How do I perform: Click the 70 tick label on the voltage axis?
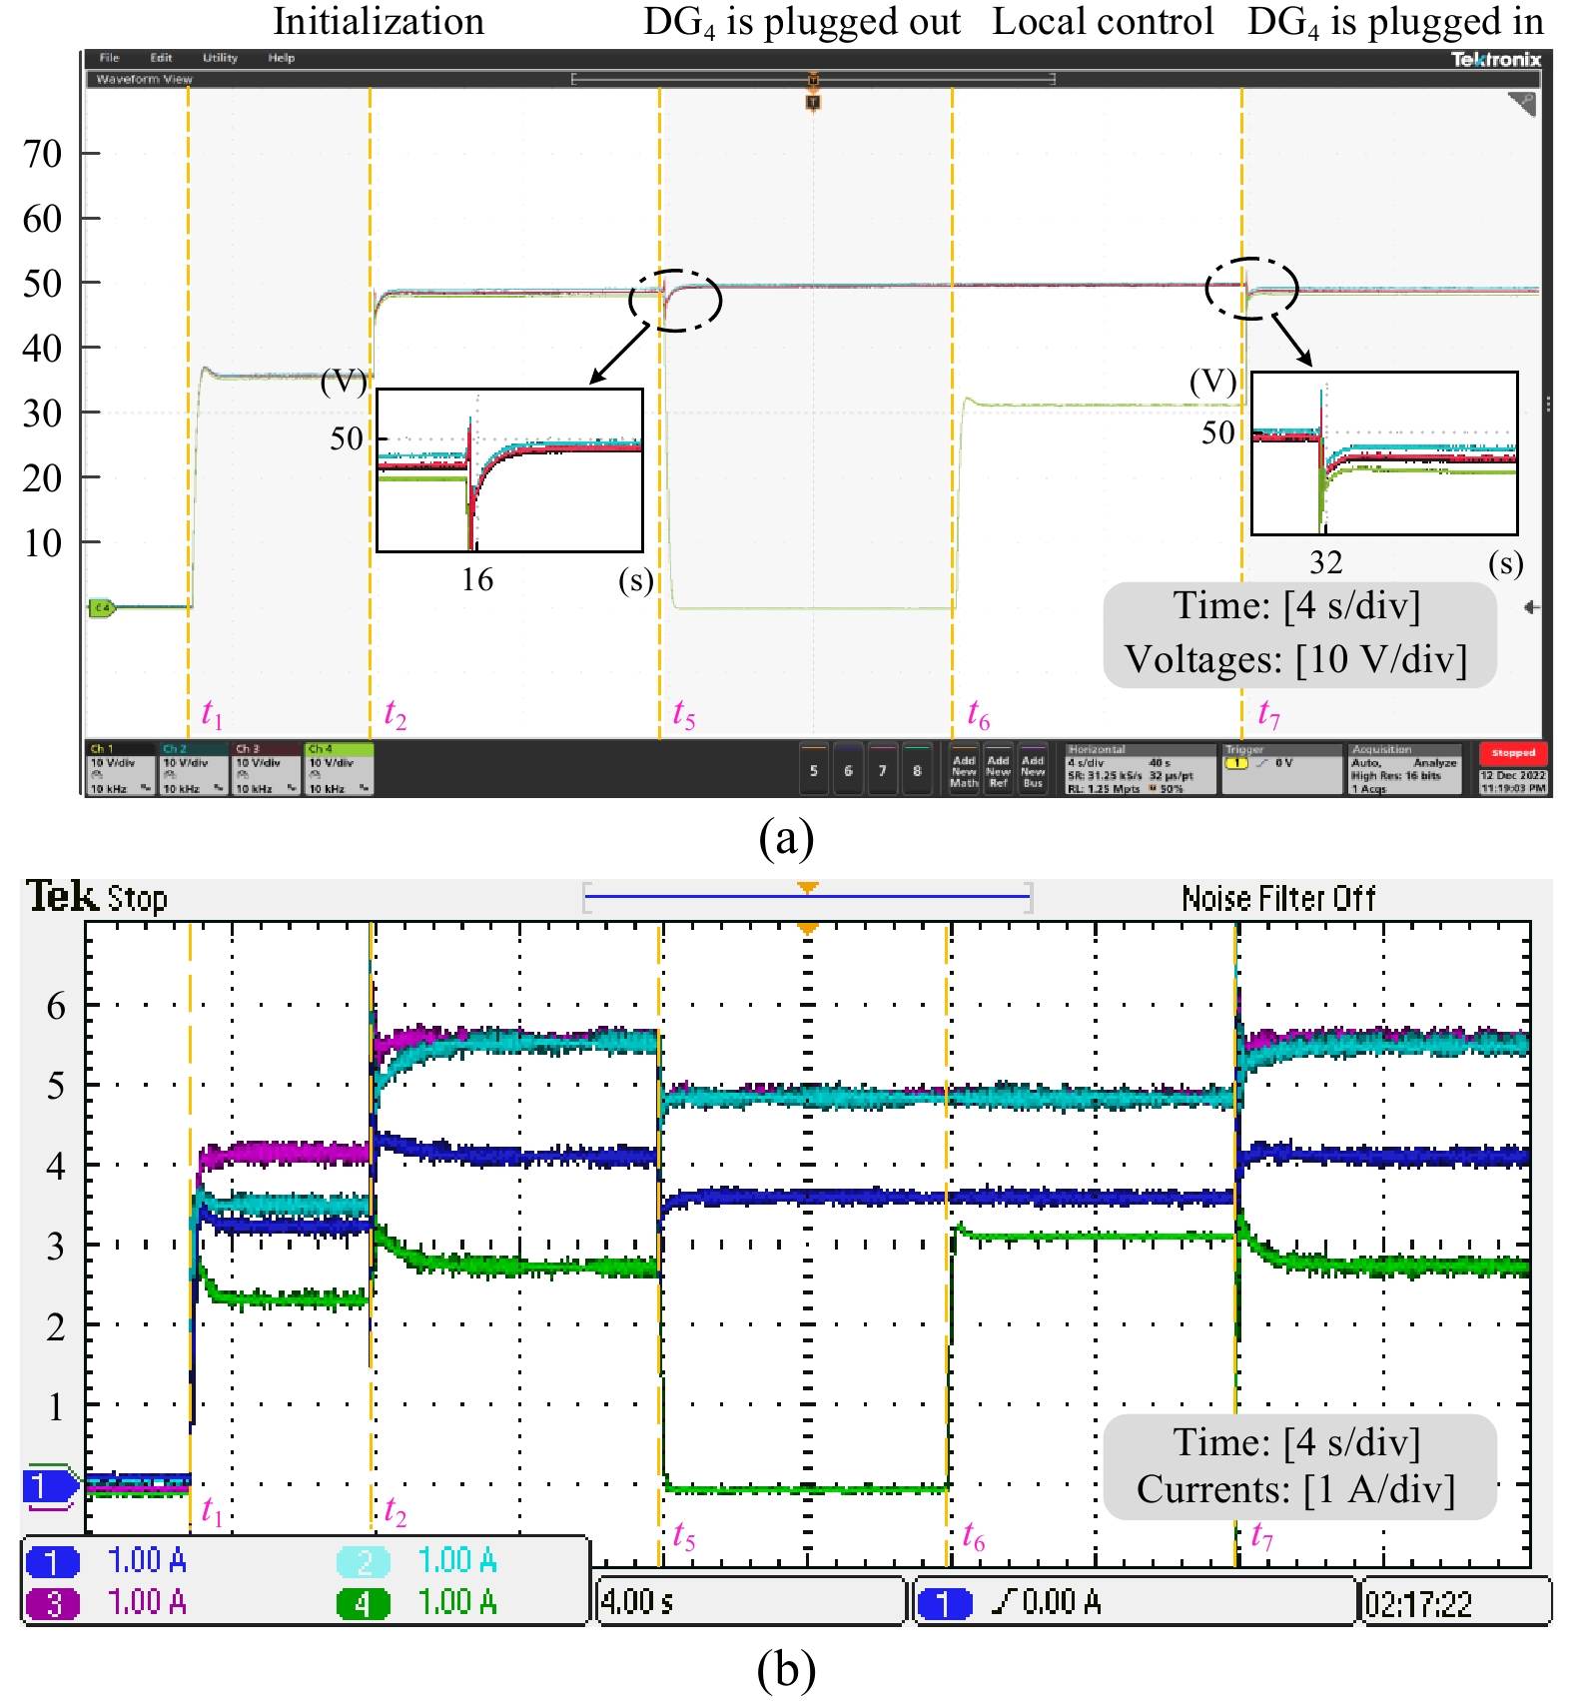click(x=42, y=154)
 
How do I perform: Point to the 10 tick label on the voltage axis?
click(x=42, y=543)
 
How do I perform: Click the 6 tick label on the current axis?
click(x=56, y=1006)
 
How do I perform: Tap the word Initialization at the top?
click(x=379, y=21)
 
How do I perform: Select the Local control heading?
click(x=1103, y=21)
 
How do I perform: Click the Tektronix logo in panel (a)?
click(x=1495, y=59)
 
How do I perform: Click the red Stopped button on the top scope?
click(x=1513, y=753)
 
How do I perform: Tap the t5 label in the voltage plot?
click(x=683, y=713)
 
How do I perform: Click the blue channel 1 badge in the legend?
click(x=53, y=1561)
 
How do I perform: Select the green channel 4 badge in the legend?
click(x=363, y=1603)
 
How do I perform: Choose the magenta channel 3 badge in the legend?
click(x=53, y=1603)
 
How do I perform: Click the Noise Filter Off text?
click(x=1278, y=899)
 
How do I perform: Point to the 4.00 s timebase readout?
click(x=637, y=1602)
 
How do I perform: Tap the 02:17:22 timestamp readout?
click(x=1418, y=1604)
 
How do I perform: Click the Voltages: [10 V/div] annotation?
click(x=1296, y=659)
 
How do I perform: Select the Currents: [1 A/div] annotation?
click(x=1296, y=1489)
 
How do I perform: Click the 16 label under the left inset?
click(x=477, y=579)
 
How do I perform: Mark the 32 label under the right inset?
click(x=1325, y=562)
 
